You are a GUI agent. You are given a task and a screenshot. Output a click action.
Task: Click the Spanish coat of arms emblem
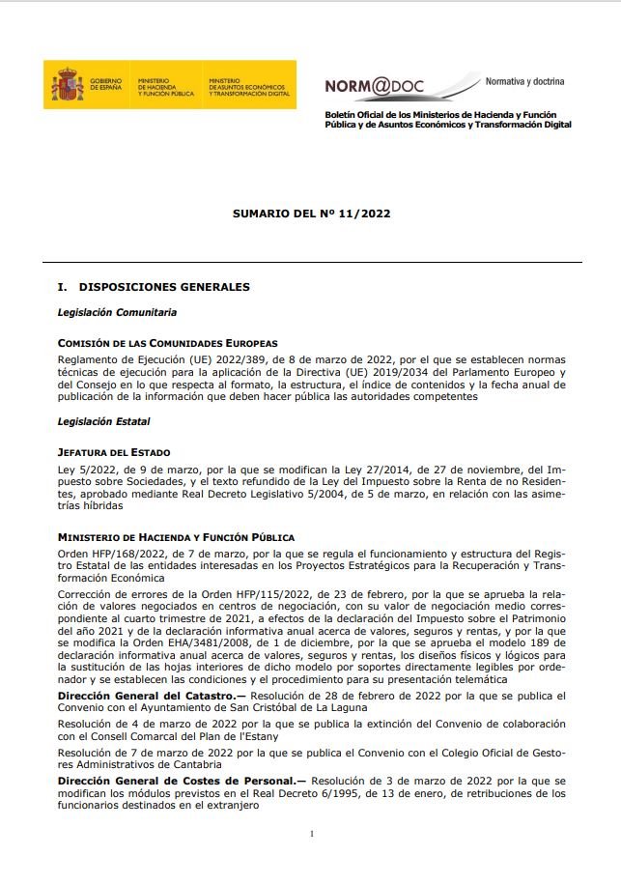(67, 85)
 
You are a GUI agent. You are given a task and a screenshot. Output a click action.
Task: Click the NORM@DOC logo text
(373, 86)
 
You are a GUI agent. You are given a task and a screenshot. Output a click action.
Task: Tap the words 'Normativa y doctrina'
(524, 81)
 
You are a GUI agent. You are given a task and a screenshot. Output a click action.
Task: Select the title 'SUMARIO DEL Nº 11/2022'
(311, 213)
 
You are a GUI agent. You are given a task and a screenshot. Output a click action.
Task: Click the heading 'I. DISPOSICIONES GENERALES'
(154, 287)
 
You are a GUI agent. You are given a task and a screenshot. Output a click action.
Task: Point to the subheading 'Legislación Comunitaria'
(117, 313)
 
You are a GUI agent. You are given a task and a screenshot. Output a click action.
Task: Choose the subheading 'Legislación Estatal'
(104, 421)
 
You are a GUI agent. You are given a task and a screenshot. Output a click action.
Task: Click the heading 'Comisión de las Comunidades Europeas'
(167, 343)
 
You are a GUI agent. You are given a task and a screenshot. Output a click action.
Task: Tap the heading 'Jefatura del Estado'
(114, 452)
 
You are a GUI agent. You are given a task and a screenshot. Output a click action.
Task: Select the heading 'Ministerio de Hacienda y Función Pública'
(176, 537)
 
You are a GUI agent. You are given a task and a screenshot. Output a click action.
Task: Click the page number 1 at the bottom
(311, 833)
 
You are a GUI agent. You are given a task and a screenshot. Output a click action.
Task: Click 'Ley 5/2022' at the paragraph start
(84, 468)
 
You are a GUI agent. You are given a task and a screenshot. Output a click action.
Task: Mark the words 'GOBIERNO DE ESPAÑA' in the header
(105, 84)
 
